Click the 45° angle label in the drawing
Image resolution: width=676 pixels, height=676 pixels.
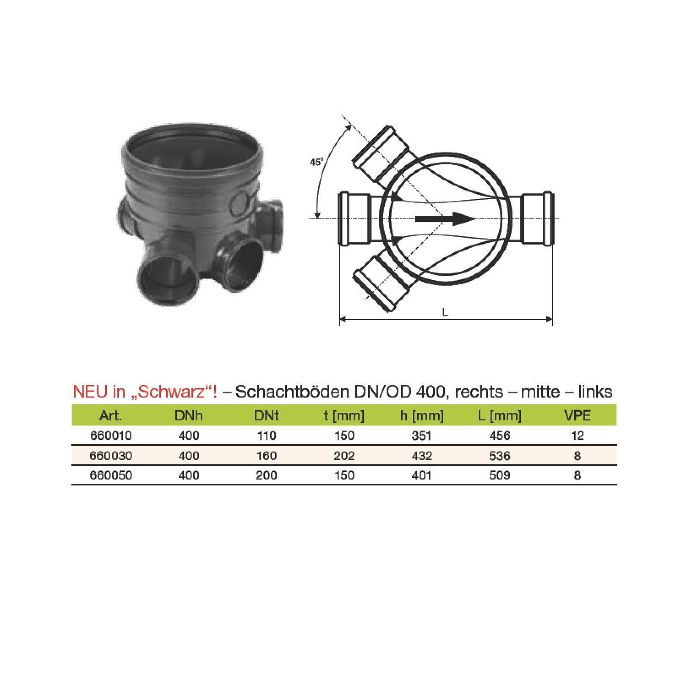pos(316,162)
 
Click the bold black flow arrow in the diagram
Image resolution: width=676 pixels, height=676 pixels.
pos(446,218)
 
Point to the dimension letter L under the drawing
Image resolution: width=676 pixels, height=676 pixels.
pos(445,312)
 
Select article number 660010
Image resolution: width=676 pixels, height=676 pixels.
pos(111,436)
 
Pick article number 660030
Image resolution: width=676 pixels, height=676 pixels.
pos(111,456)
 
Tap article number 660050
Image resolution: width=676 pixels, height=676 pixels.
pos(111,475)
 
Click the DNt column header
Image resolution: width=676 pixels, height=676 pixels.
pos(267,416)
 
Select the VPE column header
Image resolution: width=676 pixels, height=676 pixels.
pos(578,416)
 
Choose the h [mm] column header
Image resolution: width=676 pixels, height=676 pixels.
pos(422,416)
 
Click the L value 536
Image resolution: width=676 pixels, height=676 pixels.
pos(500,456)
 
